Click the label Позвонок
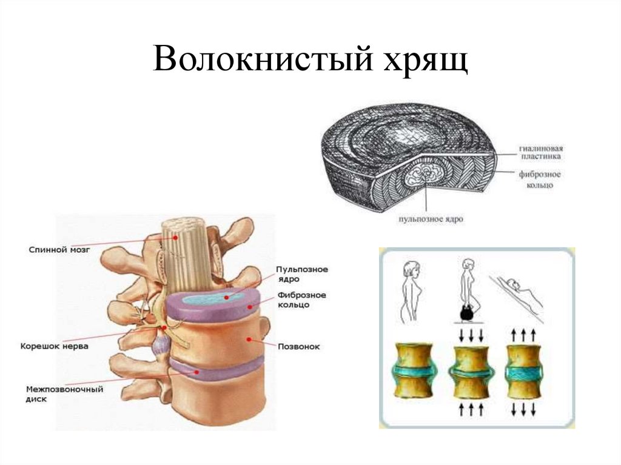click(x=298, y=347)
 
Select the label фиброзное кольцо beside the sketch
click(x=539, y=179)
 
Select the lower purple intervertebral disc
click(x=215, y=366)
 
